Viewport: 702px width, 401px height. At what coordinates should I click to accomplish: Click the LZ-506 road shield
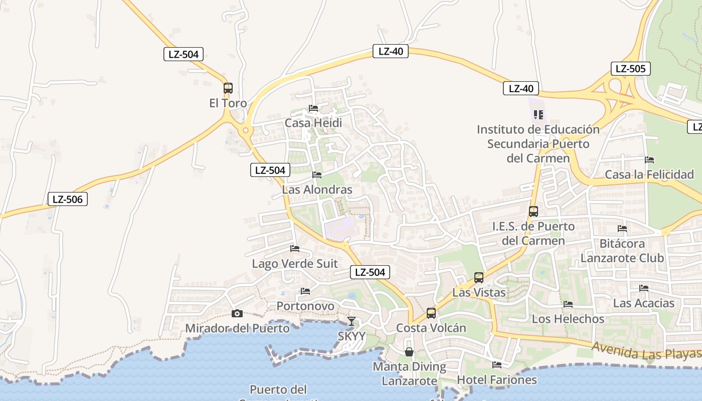point(68,199)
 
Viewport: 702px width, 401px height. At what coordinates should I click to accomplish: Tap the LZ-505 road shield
point(630,69)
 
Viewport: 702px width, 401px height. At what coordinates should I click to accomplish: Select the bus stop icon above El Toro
point(228,88)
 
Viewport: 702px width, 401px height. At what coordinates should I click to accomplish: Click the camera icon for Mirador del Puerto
point(237,314)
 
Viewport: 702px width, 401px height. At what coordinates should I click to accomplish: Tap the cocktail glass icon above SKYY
point(352,321)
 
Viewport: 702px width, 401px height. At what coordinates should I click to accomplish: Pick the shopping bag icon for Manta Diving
point(409,352)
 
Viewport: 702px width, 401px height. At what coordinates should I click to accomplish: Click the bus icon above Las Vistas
point(479,277)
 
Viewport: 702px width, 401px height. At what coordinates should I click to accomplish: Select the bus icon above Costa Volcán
point(431,313)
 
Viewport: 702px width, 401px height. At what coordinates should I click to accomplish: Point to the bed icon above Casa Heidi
point(313,108)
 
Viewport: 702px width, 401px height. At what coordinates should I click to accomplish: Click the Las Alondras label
point(317,189)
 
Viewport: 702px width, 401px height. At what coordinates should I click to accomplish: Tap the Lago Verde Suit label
point(295,264)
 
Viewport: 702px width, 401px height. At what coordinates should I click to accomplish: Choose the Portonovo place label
point(305,306)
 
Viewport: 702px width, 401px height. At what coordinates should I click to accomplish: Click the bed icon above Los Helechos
point(568,304)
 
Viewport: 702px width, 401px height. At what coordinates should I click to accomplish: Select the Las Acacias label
point(644,303)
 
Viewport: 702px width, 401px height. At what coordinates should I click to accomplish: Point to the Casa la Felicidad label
point(649,174)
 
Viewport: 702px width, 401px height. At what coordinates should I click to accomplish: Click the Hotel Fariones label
point(497,379)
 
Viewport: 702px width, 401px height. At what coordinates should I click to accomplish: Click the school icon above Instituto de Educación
point(539,115)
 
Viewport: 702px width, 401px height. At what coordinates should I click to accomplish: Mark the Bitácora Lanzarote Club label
point(622,251)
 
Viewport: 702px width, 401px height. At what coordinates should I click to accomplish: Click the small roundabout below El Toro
point(245,131)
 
